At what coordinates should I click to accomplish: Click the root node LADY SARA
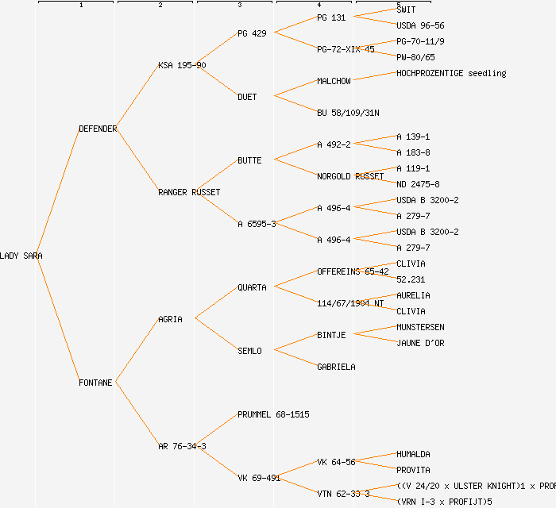click(21, 256)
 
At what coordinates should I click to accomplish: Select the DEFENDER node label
click(98, 129)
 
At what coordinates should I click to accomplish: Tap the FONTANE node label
click(95, 383)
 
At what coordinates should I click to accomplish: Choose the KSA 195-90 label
click(182, 65)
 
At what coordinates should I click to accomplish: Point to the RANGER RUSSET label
click(189, 192)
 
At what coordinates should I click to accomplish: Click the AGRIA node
click(170, 319)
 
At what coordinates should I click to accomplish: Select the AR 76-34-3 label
click(182, 446)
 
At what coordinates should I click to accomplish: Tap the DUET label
click(247, 97)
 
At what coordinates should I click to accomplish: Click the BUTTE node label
click(249, 160)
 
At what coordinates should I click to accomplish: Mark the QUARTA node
click(252, 287)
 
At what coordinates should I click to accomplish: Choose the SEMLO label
click(249, 351)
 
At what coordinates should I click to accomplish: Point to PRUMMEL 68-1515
click(273, 414)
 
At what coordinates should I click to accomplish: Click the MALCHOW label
click(334, 81)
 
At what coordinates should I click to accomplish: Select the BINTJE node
click(331, 335)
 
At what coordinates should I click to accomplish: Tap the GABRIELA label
click(336, 367)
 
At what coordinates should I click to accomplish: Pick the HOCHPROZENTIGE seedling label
click(450, 73)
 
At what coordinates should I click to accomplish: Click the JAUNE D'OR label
click(420, 343)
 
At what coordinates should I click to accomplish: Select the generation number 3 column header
click(239, 6)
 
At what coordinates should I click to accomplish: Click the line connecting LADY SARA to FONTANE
click(60, 319)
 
